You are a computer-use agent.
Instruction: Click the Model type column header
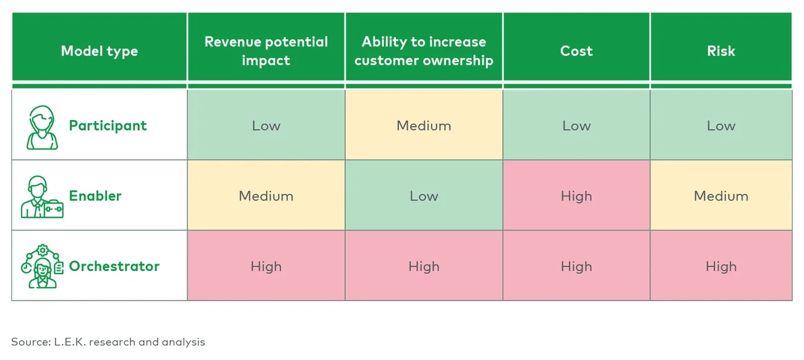[99, 51]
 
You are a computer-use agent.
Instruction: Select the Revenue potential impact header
[266, 51]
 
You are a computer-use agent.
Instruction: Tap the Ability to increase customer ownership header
[424, 51]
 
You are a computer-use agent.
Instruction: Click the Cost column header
[576, 51]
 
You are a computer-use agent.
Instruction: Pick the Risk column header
[721, 51]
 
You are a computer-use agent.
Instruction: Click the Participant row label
[108, 126]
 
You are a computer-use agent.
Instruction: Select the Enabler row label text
[95, 196]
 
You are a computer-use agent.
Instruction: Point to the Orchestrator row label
[114, 267]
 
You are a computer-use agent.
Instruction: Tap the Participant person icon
[42, 127]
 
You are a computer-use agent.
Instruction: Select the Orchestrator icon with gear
[41, 267]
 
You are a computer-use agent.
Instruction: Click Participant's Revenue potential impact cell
[266, 126]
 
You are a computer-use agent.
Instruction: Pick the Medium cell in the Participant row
[424, 126]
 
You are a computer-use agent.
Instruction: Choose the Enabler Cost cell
[576, 196]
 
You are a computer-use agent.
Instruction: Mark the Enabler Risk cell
[721, 196]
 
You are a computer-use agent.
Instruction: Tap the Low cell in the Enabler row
[424, 196]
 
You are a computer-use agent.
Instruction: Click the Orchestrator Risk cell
[721, 267]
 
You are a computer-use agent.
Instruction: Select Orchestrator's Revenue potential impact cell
[266, 267]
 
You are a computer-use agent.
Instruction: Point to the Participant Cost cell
[576, 126]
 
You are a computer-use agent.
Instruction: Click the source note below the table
[108, 341]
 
